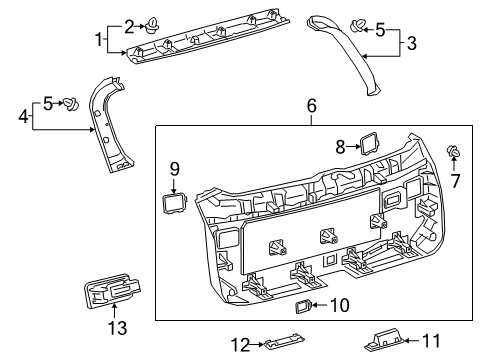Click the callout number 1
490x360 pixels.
click(99, 40)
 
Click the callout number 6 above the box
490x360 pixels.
click(311, 105)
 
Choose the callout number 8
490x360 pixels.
click(340, 146)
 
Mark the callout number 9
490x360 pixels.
click(173, 170)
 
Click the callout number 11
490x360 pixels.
click(431, 341)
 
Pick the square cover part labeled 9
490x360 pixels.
click(174, 203)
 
